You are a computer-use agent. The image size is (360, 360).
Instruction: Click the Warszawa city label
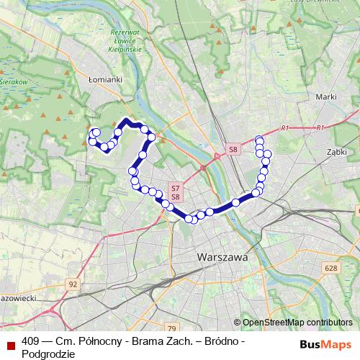222,256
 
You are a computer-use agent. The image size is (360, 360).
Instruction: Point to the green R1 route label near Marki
285,128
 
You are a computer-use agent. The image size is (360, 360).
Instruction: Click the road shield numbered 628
330,269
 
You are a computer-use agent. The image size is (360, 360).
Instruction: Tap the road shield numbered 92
73,284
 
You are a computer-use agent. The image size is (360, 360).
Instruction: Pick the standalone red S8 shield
232,149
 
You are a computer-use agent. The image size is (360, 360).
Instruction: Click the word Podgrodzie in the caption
48,354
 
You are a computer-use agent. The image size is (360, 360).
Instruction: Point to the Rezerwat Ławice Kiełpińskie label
124,43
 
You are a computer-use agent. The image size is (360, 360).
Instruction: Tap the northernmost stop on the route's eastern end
259,139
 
